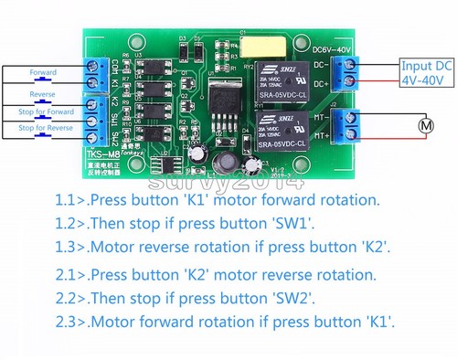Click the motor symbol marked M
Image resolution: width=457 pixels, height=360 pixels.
tap(423, 123)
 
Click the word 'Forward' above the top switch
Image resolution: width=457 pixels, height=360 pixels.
tap(43, 72)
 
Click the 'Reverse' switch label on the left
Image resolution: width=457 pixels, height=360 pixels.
tap(43, 92)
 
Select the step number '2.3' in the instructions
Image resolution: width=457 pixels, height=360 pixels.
tap(69, 323)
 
